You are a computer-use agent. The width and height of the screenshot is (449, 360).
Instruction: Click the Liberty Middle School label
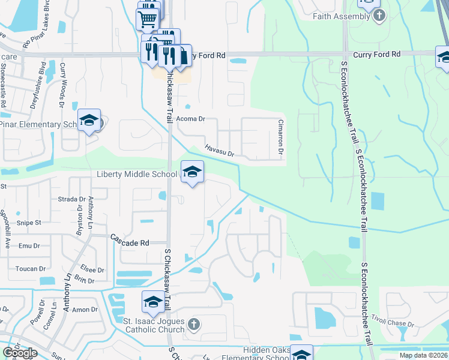pos(137,174)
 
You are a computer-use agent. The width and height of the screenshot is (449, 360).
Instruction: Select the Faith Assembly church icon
pos(379,16)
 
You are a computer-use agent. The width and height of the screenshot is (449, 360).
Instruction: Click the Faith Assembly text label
pos(341,16)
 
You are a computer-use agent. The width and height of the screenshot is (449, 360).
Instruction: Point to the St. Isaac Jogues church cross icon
pos(193,325)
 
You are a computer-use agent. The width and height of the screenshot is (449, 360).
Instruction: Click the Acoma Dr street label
pos(190,119)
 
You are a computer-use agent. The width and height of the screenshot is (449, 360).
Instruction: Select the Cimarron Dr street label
pos(280,133)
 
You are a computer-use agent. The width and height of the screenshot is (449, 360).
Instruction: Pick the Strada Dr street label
pos(73,199)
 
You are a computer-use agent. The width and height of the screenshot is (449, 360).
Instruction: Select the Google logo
pos(20,353)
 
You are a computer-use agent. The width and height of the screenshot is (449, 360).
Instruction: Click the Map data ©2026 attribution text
pos(424,355)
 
